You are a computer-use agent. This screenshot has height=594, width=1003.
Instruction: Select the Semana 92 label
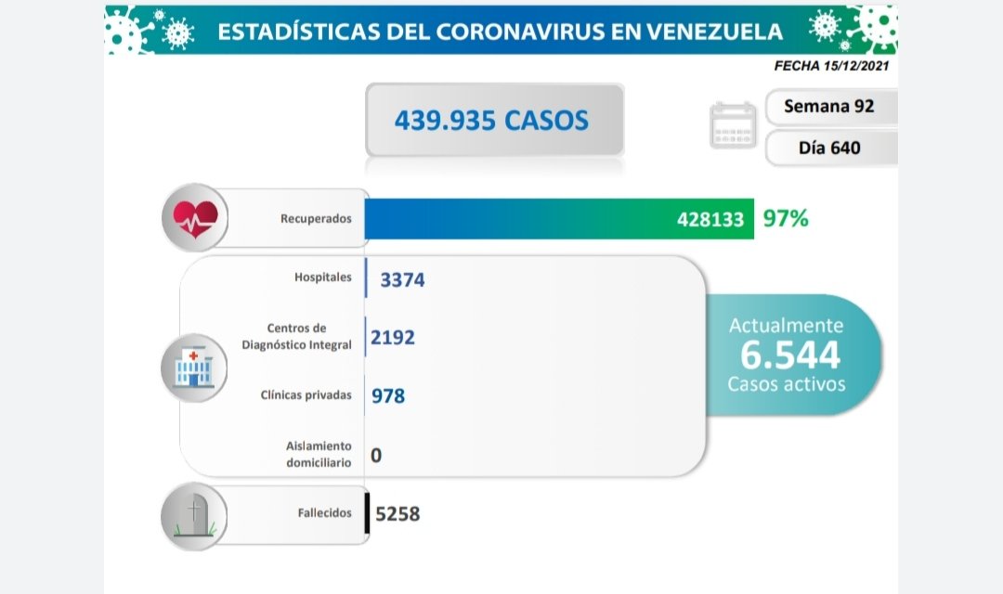(828, 106)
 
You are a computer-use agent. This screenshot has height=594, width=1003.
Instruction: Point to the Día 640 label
(829, 148)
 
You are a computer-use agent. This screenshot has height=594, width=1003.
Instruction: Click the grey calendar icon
(734, 125)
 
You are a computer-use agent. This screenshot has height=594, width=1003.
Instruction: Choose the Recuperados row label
(316, 219)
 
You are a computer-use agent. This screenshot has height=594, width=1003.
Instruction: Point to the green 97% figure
(786, 219)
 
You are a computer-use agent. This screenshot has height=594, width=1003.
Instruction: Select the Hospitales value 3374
(402, 279)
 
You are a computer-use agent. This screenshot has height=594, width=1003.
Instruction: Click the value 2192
(392, 337)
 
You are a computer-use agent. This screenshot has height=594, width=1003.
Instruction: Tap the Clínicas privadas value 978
(387, 395)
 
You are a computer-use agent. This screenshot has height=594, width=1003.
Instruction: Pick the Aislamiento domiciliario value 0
(376, 455)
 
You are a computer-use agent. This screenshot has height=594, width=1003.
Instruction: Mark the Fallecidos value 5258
(397, 512)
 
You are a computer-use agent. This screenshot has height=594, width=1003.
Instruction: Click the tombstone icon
(193, 513)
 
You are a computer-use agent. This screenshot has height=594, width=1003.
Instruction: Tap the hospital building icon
(193, 367)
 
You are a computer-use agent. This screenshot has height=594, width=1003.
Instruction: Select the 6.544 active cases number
(789, 355)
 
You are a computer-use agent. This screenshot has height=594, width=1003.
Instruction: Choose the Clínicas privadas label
(306, 395)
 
